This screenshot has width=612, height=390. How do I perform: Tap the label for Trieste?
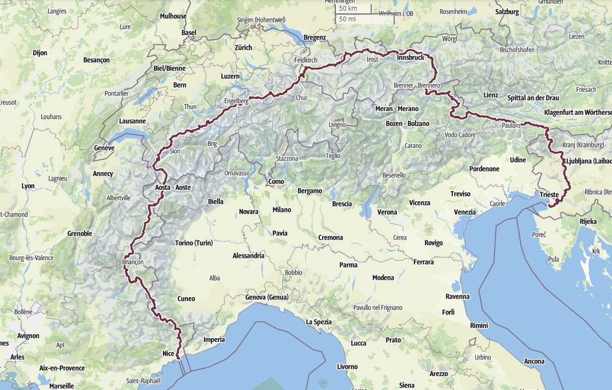pos(549,195)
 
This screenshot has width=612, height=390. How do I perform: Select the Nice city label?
pos(168,353)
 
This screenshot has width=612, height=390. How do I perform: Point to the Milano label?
pos(281,209)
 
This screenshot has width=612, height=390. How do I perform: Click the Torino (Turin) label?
pos(194,243)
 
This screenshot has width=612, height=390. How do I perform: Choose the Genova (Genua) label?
pos(266,297)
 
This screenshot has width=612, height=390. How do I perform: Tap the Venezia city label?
pos(465,212)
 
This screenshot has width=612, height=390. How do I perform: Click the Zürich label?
pos(243,48)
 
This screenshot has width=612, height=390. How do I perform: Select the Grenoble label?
pos(80,233)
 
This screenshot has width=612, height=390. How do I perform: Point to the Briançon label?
pos(133,262)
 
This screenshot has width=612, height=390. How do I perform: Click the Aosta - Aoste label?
pos(172,188)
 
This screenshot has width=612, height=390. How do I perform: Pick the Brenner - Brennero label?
pos(417,85)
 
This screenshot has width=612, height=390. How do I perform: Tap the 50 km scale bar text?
pos(348,9)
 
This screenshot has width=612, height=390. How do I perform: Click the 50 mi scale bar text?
pos(347,19)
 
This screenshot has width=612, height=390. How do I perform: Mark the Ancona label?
pos(534,361)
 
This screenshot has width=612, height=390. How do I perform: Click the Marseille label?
pos(61,386)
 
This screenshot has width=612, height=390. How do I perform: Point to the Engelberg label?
pos(236,100)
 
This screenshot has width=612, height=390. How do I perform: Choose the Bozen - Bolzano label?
pos(407,123)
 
